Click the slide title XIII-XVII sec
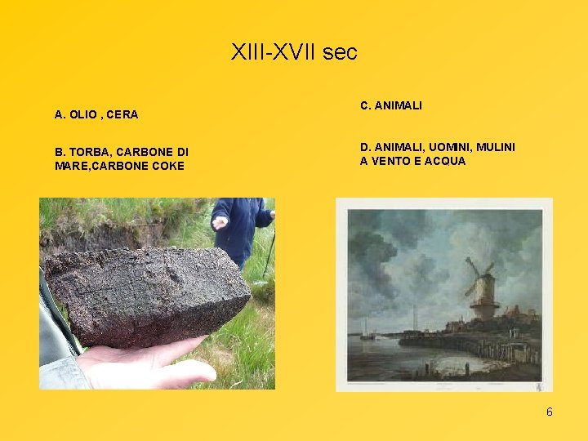point(294,53)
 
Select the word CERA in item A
point(124,115)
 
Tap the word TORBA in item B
point(87,152)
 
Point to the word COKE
point(167,167)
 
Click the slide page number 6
point(550,412)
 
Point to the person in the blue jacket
point(242,229)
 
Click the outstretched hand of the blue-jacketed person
point(220,221)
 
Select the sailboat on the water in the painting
point(365,332)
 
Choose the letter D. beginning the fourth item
point(365,147)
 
